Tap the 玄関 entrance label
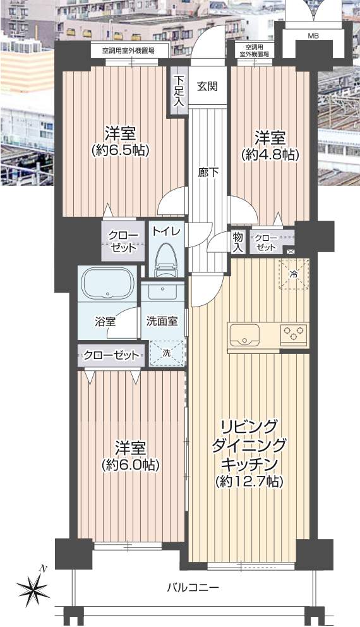(207, 85)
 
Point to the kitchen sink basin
(244, 334)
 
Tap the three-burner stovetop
(294, 334)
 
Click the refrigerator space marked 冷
(294, 274)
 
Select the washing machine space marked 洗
(167, 353)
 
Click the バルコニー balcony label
(193, 587)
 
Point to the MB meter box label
(313, 36)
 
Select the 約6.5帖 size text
(120, 151)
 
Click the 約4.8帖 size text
(270, 155)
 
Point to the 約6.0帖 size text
(131, 465)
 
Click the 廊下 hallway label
(208, 173)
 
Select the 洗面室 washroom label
(162, 320)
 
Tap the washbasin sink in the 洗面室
(162, 291)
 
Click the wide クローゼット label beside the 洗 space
(111, 355)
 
